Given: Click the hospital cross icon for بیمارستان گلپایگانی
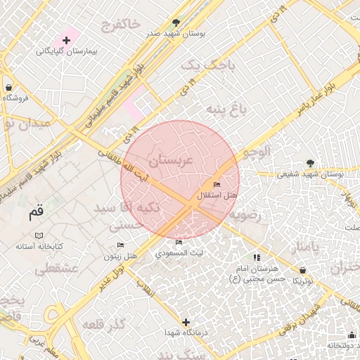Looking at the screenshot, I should [x=67, y=41].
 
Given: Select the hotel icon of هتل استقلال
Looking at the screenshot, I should [x=216, y=184].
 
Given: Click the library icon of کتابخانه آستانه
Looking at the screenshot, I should [x=39, y=235].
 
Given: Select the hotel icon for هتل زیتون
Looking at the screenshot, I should [x=120, y=245].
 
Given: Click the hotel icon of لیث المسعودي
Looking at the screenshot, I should [x=179, y=243].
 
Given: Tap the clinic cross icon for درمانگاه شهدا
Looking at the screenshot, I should [x=186, y=323].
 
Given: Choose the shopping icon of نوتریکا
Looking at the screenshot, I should [x=302, y=270].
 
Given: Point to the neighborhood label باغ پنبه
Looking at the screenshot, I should [x=226, y=110].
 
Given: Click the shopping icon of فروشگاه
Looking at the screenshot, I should [x=8, y=88].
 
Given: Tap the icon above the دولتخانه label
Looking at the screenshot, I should [x=351, y=335].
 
